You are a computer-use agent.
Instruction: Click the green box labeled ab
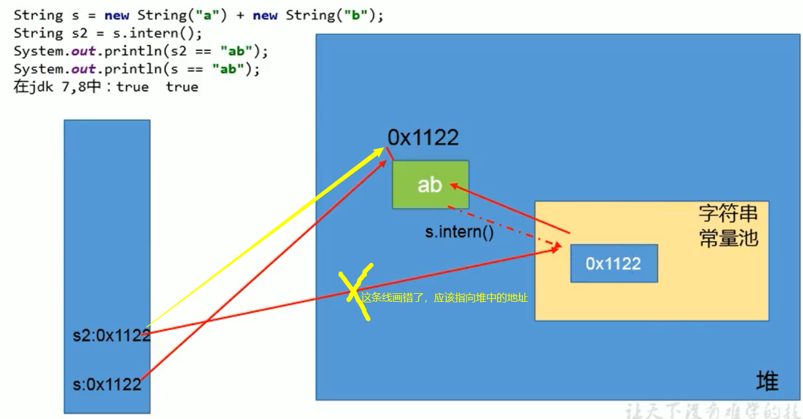(430, 185)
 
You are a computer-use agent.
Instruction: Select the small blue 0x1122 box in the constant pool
(613, 263)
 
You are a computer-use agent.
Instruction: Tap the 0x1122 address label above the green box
(423, 137)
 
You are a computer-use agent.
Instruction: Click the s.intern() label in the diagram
(459, 233)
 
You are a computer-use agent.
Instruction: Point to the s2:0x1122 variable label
(111, 335)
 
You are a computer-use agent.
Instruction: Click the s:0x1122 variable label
(107, 385)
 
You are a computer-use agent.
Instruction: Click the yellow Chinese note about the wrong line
(444, 298)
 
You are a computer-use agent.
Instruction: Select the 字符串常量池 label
(728, 225)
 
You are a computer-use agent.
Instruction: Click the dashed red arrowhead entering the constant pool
(557, 247)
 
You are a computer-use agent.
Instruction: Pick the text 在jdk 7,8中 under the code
(56, 87)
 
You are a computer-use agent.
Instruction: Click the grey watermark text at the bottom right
(712, 410)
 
